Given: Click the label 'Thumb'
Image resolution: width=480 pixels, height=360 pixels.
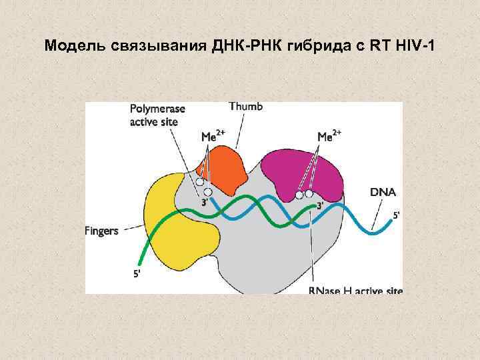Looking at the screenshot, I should point(245,106).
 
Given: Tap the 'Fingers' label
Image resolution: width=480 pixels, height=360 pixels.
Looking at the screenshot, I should point(101,231).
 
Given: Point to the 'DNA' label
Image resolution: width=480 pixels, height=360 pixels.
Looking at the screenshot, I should point(383,192).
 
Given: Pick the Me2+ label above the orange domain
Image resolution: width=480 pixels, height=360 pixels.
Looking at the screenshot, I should point(213,137).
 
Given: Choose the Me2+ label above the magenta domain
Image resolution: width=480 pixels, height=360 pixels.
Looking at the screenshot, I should point(329,136).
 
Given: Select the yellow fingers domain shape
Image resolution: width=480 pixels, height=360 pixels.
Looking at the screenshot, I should point(176,220).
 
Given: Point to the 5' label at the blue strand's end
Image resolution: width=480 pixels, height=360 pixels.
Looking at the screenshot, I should point(397,215).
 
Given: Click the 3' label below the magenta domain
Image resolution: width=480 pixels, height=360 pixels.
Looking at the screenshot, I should point(320,206).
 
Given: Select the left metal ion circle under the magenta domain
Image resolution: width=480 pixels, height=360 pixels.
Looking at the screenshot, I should point(299,195).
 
